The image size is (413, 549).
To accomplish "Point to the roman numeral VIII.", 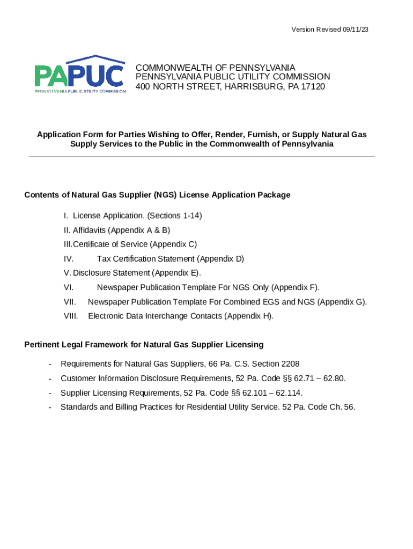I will coord(71,316).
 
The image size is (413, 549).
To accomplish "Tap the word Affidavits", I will coord(89,230).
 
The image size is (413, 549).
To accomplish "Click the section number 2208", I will coord(287,363).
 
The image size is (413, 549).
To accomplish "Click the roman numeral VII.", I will coord(70,302).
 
